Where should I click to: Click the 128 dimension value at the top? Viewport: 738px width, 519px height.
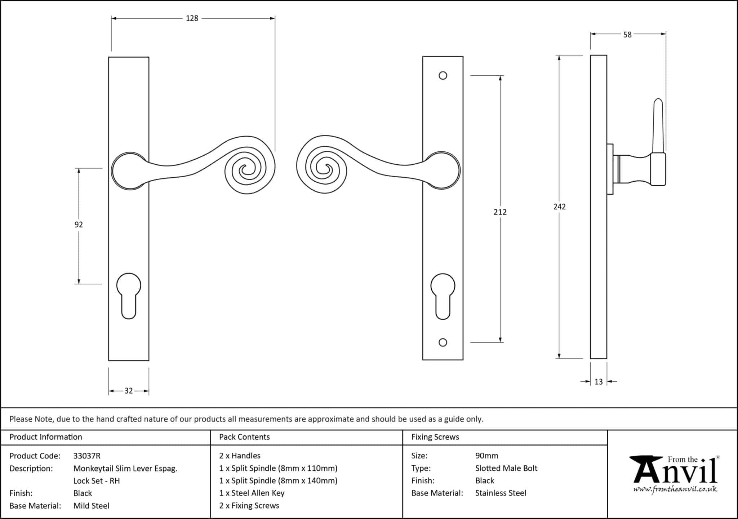click(192, 18)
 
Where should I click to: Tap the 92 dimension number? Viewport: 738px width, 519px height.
click(79, 225)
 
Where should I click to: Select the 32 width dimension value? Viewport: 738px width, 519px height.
click(129, 391)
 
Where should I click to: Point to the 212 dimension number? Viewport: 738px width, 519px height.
click(500, 212)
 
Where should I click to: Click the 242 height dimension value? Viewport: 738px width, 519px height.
click(560, 207)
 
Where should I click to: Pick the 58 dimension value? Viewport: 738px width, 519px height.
click(627, 35)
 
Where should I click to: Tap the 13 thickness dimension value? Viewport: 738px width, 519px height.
click(599, 382)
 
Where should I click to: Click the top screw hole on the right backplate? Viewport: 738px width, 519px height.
click(443, 75)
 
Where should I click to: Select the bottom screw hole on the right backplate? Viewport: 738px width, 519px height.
click(443, 342)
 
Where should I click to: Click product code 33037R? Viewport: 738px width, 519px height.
click(87, 456)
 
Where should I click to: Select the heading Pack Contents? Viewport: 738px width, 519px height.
click(244, 437)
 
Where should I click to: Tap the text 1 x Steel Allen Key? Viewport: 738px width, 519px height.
click(252, 493)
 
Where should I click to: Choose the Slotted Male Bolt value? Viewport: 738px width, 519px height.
click(506, 468)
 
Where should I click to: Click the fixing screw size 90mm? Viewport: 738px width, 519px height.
click(486, 456)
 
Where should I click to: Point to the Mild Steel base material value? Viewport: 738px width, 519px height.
click(91, 506)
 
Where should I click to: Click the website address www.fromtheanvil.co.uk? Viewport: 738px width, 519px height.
click(675, 489)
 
